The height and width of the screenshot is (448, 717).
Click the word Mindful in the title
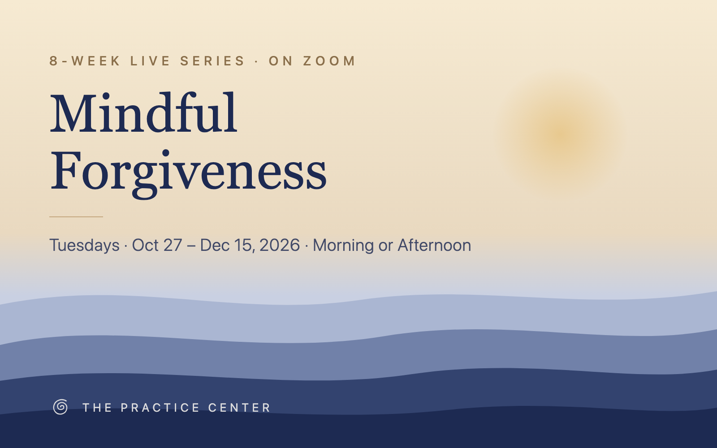[x=143, y=112]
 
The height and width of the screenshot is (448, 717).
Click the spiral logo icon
[x=60, y=407]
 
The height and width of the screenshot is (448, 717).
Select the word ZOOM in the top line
[x=329, y=61]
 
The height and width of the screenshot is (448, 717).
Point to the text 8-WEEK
[x=85, y=61]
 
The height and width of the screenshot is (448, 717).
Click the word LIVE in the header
[x=150, y=61]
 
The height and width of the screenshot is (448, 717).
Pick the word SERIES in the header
[x=212, y=61]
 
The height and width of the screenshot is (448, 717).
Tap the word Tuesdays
[x=85, y=246]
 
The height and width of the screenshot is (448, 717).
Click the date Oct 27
[x=157, y=245]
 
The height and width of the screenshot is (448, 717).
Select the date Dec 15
[x=227, y=246]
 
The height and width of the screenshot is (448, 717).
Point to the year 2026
[x=280, y=245]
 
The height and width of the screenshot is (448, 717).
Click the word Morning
[x=343, y=246]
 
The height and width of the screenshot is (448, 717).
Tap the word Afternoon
[x=434, y=245]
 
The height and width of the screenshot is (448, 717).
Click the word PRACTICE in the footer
[x=160, y=408]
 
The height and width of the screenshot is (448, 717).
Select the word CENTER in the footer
[x=239, y=408]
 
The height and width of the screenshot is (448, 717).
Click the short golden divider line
[x=76, y=217]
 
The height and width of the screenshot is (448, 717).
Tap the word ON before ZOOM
[x=281, y=61]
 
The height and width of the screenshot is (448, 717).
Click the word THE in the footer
[x=97, y=408]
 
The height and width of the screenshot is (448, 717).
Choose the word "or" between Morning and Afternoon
[x=386, y=246]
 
